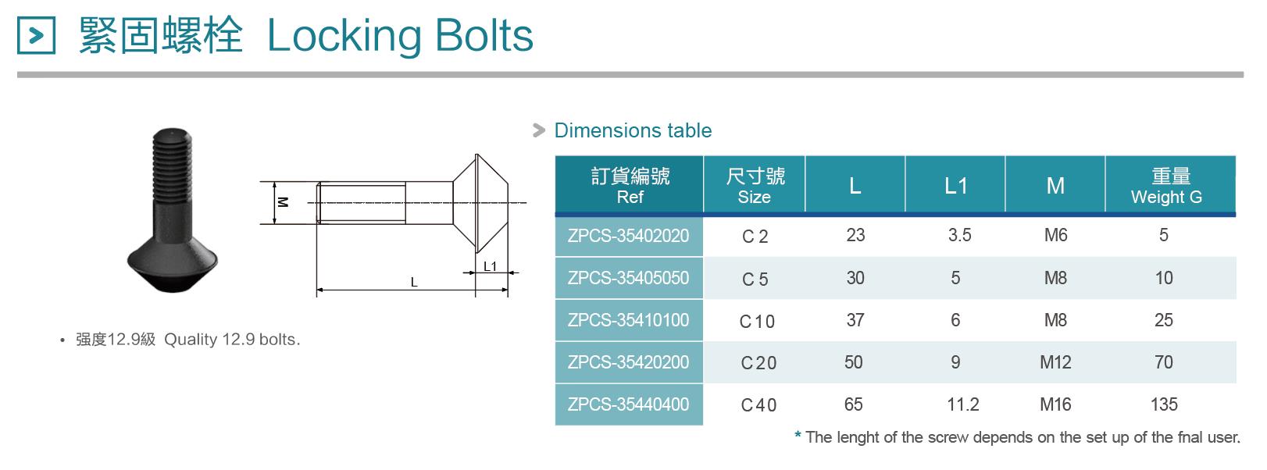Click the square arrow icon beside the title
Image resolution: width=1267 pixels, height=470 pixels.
pyautogui.click(x=36, y=35)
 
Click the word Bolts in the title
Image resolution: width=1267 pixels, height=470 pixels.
pyautogui.click(x=484, y=35)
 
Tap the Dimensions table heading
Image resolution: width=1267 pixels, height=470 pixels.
pyautogui.click(x=633, y=130)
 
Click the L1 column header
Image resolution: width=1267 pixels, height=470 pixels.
pyautogui.click(x=955, y=186)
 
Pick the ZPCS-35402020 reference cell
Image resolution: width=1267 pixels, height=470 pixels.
pyautogui.click(x=628, y=235)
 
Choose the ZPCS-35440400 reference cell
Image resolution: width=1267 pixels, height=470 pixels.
pyautogui.click(x=628, y=404)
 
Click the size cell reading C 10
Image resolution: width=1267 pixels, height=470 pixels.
pyautogui.click(x=757, y=321)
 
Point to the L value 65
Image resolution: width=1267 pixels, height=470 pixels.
pyautogui.click(x=854, y=404)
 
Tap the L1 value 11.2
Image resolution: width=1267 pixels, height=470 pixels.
pyautogui.click(x=962, y=404)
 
